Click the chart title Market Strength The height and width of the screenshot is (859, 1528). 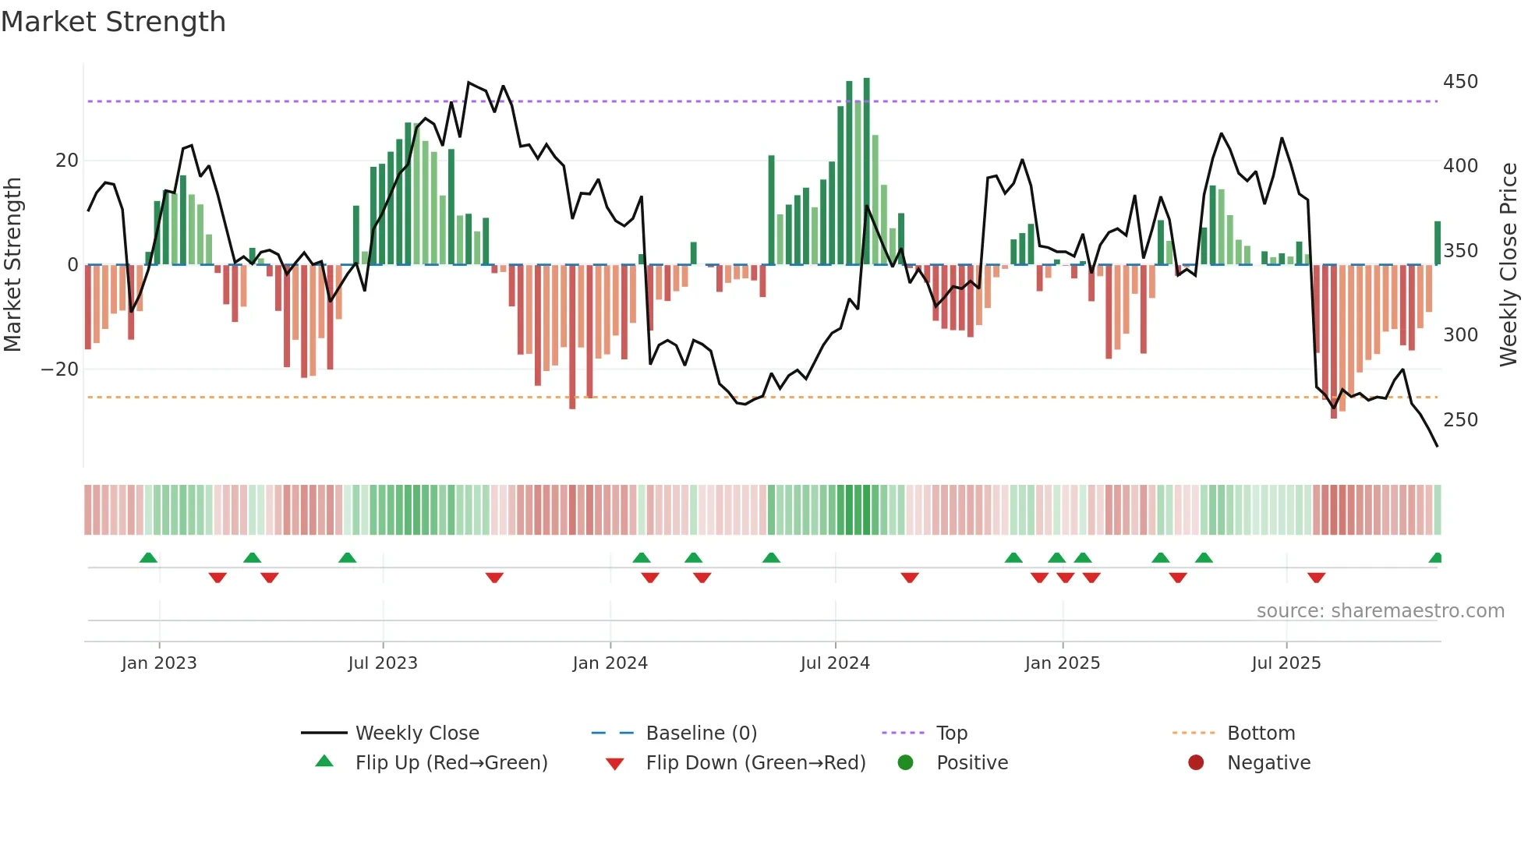pos(114,22)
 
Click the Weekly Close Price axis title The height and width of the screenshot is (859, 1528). pos(1509,264)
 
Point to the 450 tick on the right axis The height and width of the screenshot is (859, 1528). pos(1460,82)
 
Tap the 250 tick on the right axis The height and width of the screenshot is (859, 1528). pos(1460,420)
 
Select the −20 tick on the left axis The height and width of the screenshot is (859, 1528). pos(60,369)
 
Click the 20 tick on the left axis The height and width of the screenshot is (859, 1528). pos(67,161)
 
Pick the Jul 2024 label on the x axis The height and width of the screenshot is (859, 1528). pos(835,663)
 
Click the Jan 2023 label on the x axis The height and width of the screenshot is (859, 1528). pos(159,663)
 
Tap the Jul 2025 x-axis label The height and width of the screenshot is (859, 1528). pos(1286,663)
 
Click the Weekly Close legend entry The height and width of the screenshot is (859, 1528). pos(417,734)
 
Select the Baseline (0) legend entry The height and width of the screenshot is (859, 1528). pos(701,734)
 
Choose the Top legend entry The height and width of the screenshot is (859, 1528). pos(951,734)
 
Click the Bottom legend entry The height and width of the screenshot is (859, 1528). pos(1261,734)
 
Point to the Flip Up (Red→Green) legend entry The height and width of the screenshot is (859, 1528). pos(451,763)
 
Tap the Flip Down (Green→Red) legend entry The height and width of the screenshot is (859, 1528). pos(755,763)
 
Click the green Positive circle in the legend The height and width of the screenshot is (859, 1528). pos(905,763)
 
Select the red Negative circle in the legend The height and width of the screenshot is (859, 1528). pos(1196,763)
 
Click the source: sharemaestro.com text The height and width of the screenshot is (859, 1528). pos(1380,611)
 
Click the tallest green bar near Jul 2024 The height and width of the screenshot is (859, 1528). pos(867,171)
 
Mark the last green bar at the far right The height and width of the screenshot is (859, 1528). pos(1438,243)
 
